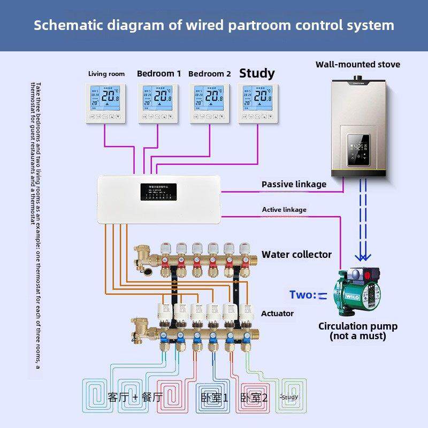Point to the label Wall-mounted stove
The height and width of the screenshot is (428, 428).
click(x=357, y=64)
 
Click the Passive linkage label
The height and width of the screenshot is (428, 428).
click(x=294, y=184)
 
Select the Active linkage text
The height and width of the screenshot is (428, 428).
click(x=284, y=209)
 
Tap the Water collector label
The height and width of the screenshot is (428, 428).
click(x=296, y=255)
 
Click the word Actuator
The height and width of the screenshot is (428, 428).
click(x=277, y=313)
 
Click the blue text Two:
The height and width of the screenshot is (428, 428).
click(x=303, y=294)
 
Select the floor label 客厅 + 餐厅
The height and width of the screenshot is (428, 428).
click(x=135, y=397)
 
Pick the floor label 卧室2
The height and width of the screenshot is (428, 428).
click(x=254, y=398)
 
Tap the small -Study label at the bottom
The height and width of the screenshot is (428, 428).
click(x=289, y=397)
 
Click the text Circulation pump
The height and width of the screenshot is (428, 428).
click(x=357, y=326)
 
